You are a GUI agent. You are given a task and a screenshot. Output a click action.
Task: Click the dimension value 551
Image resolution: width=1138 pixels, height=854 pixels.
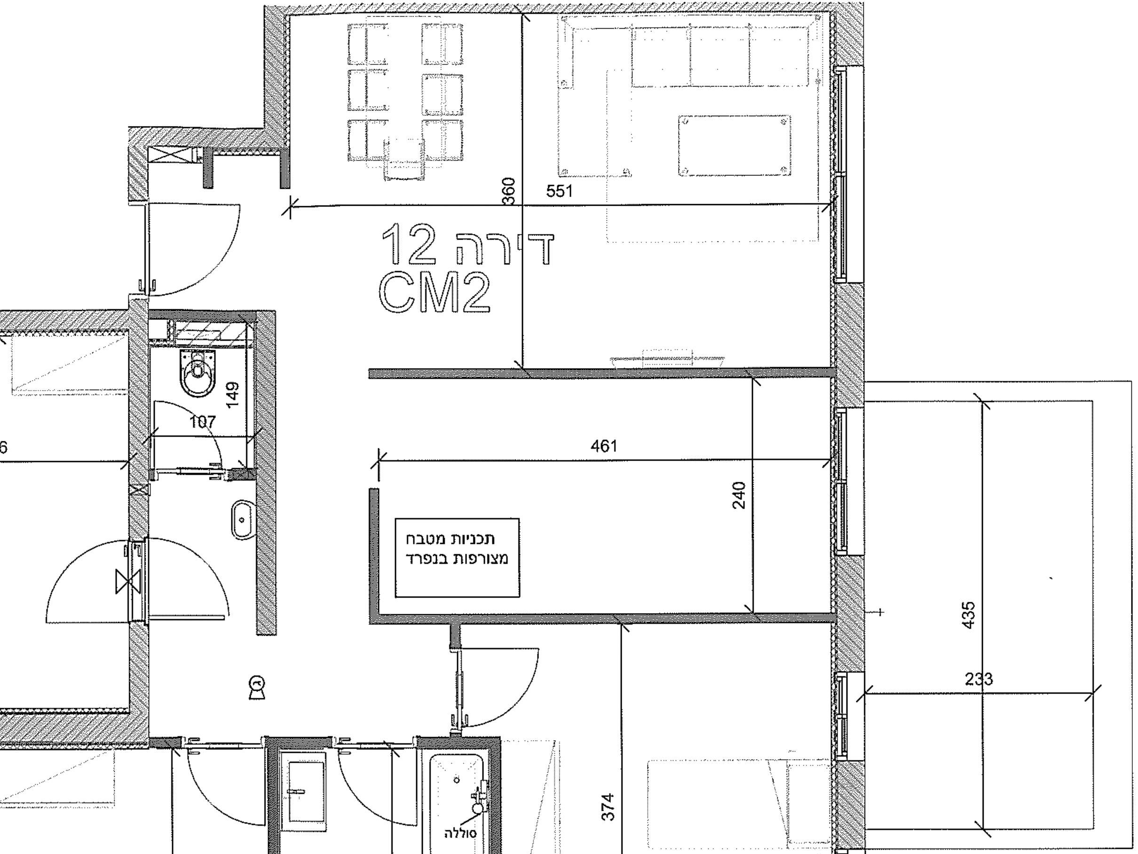(559, 191)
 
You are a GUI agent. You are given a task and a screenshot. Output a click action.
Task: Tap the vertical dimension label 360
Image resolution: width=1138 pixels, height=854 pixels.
(508, 192)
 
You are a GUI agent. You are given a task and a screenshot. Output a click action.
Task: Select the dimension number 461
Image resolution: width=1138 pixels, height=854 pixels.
(603, 446)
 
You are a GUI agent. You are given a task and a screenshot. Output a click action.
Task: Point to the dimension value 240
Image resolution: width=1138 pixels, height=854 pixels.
(739, 495)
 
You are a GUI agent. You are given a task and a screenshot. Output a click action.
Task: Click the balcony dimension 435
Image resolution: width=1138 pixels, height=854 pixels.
(968, 615)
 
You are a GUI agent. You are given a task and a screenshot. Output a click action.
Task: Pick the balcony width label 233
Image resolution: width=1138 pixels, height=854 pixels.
(979, 679)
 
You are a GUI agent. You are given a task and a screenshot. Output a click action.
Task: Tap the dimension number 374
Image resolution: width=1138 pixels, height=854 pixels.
(608, 807)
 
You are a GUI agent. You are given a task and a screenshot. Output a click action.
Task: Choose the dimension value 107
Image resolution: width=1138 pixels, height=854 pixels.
(202, 422)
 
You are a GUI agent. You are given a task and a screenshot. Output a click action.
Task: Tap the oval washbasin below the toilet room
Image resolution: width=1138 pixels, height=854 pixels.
(242, 519)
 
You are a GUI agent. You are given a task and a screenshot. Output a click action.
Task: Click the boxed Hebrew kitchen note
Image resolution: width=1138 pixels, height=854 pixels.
(458, 558)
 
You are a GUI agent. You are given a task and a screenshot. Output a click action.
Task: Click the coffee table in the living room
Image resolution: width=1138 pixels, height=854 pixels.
(734, 146)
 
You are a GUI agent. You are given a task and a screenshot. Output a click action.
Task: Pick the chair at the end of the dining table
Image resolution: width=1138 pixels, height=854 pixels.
(404, 159)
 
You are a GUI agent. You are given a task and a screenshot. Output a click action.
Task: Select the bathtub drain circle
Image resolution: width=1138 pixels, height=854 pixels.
(456, 780)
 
